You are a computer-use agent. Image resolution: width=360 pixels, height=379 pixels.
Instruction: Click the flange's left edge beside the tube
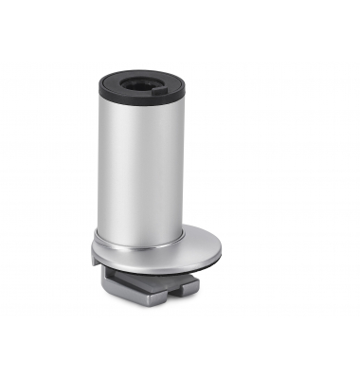click(95, 252)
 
